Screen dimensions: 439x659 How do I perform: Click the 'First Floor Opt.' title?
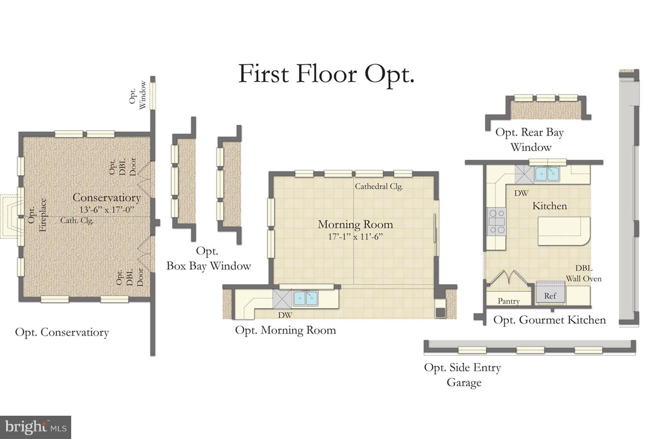pyautogui.click(x=326, y=74)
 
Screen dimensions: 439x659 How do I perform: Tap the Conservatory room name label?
pyautogui.click(x=106, y=198)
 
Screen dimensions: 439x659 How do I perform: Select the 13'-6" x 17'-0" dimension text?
pyautogui.click(x=106, y=209)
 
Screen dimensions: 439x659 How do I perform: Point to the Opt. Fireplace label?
pyautogui.click(x=36, y=215)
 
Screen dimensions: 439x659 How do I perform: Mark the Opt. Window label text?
pyautogui.click(x=137, y=94)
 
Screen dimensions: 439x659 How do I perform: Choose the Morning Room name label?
pyautogui.click(x=355, y=224)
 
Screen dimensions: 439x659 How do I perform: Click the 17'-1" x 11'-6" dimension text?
pyautogui.click(x=355, y=237)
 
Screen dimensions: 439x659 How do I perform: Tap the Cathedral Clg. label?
pyautogui.click(x=379, y=186)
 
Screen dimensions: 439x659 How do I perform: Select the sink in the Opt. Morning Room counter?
pyautogui.click(x=305, y=299)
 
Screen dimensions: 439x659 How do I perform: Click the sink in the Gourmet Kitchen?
pyautogui.click(x=547, y=174)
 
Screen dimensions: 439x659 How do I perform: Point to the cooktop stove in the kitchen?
pyautogui.click(x=496, y=222)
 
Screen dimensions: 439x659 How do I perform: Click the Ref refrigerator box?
pyautogui.click(x=550, y=295)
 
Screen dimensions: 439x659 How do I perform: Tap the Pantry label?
pyautogui.click(x=508, y=301)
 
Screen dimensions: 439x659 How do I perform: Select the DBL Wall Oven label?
pyautogui.click(x=583, y=273)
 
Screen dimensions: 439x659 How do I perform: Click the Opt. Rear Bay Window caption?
pyautogui.click(x=530, y=139)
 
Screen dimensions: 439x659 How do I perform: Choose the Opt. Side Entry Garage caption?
pyautogui.click(x=463, y=374)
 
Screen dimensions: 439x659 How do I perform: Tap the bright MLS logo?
pyautogui.click(x=36, y=427)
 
